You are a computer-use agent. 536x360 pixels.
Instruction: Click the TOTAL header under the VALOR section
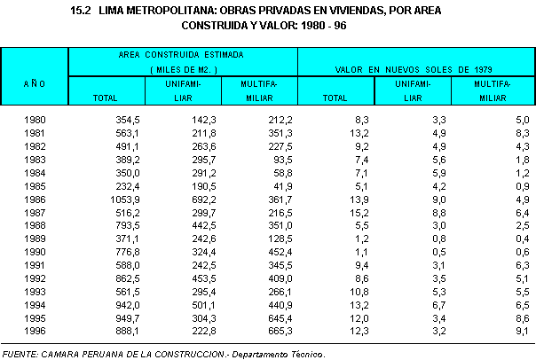click(x=335, y=97)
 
